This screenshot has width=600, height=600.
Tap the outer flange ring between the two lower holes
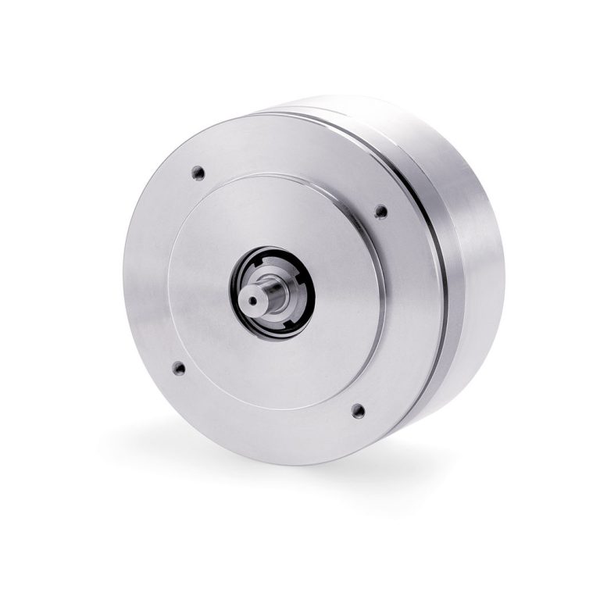click(266, 422)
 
